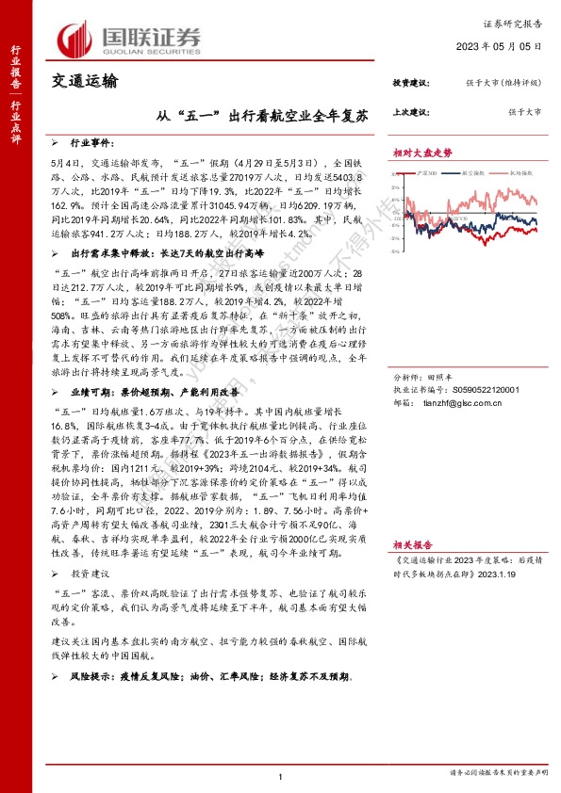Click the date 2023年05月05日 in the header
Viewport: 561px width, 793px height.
(x=504, y=44)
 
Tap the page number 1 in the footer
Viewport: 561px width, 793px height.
(x=281, y=774)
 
